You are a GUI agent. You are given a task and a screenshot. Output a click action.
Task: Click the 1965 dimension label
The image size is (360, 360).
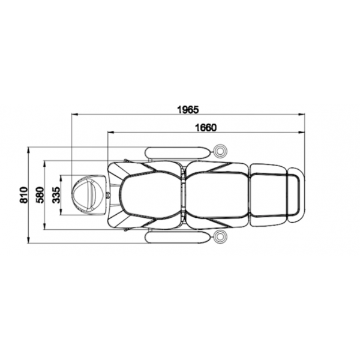[188, 110]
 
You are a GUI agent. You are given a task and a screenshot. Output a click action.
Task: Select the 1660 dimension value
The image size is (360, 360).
[206, 128]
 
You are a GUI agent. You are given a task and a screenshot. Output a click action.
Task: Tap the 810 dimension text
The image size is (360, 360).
[23, 195]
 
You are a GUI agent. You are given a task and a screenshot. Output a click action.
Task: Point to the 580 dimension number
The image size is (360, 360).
[40, 195]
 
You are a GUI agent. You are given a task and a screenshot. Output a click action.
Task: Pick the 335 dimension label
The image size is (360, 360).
[56, 195]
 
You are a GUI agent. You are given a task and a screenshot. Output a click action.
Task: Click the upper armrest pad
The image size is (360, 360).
[178, 152]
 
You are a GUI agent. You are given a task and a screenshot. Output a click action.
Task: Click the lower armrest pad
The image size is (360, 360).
[178, 238]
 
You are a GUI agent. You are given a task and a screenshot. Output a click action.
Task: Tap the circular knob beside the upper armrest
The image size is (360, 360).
[220, 151]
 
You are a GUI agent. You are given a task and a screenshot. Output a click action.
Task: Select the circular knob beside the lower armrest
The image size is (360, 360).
[220, 236]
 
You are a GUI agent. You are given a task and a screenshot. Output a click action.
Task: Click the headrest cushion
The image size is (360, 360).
[89, 195]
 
